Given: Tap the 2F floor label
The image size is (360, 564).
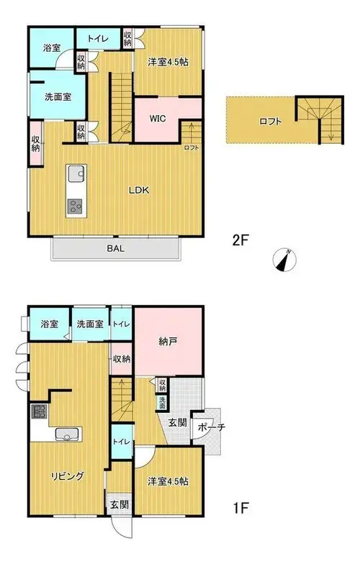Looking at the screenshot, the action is (240, 240).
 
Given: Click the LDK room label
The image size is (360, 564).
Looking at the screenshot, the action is (139, 190).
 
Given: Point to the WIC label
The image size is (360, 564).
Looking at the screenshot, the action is (158, 118).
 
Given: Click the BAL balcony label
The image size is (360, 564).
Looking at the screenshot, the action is (115, 248).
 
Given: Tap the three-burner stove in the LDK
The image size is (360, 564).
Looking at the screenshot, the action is (76, 206).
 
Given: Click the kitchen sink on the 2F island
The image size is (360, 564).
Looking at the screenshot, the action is (76, 173).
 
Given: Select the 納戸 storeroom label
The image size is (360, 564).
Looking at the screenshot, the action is (168, 341).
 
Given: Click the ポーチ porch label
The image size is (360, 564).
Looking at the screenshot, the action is (212, 427).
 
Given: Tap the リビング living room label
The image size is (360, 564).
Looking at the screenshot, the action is (68, 476).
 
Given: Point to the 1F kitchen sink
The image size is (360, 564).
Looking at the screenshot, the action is (68, 435).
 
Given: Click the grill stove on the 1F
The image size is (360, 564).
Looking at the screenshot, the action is (39, 411).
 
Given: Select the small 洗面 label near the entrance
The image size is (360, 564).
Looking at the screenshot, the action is (162, 403).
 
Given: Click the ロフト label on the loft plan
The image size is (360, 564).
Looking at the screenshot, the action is (270, 122).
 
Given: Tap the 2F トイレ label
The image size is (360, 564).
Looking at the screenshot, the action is (98, 39).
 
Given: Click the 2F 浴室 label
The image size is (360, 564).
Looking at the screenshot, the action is (52, 47).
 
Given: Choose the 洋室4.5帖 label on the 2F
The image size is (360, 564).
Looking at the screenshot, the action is (168, 62).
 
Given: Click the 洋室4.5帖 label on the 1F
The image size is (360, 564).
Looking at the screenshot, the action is (168, 481).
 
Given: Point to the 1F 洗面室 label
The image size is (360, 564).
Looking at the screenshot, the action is (90, 324).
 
